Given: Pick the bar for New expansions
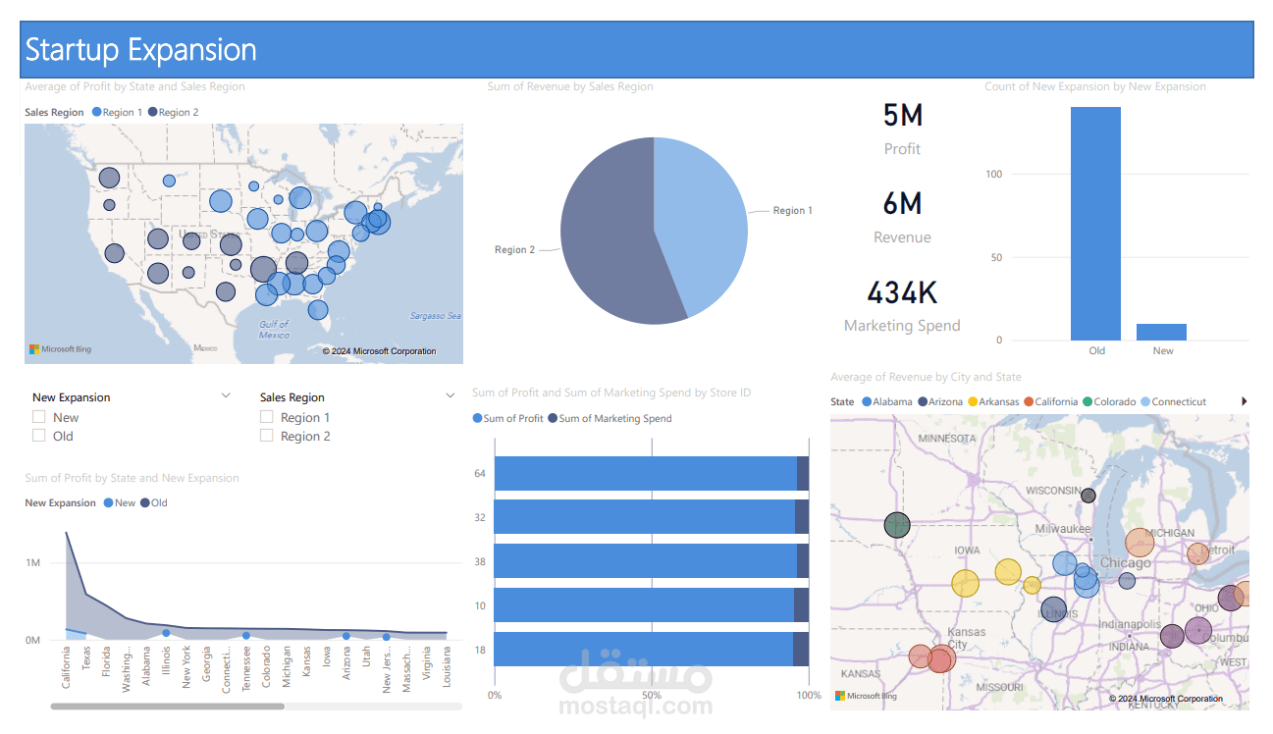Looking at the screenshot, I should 1162,332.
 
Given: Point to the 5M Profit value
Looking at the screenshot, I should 903,116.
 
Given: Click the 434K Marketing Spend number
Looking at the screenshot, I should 902,292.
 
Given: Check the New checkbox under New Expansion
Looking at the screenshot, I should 39,417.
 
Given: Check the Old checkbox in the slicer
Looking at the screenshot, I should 39,436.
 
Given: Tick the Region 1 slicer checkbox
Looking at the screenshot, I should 267,417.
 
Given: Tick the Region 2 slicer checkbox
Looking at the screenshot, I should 267,436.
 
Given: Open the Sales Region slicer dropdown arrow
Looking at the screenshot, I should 451,396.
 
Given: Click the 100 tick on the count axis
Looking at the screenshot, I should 994,175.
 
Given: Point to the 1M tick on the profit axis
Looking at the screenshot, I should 33,562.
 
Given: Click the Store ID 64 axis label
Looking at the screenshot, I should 480,473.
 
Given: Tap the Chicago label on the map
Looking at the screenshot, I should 1125,563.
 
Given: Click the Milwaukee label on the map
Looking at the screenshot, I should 1063,529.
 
